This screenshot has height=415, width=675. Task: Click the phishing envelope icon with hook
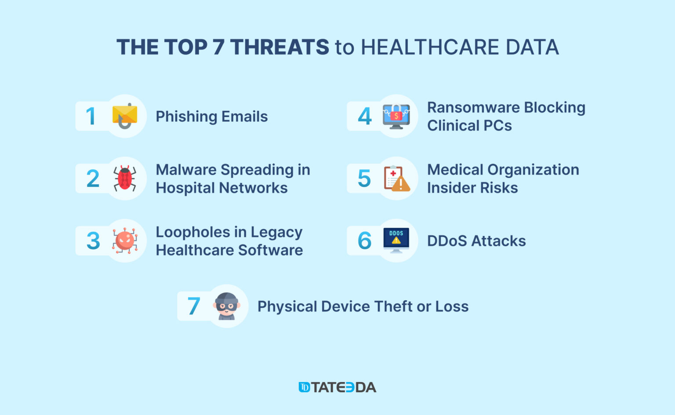(x=125, y=116)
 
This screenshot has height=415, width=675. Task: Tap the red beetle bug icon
(x=125, y=178)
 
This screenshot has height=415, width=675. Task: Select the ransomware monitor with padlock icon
(x=396, y=116)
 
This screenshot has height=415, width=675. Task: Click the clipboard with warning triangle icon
(x=397, y=178)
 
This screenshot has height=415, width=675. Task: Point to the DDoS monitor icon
(x=396, y=240)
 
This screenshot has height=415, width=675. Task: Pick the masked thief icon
(x=227, y=306)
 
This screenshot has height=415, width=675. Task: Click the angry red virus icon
(x=125, y=240)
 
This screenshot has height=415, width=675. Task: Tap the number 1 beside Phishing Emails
(x=91, y=116)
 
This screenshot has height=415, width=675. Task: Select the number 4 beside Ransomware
(x=365, y=116)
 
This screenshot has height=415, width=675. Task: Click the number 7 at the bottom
(x=193, y=306)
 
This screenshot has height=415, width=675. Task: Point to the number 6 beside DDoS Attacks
(x=365, y=240)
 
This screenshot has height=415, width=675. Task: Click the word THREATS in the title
(x=279, y=47)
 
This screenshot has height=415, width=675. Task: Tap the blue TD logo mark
(x=304, y=387)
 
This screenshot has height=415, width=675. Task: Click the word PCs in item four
(x=497, y=125)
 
